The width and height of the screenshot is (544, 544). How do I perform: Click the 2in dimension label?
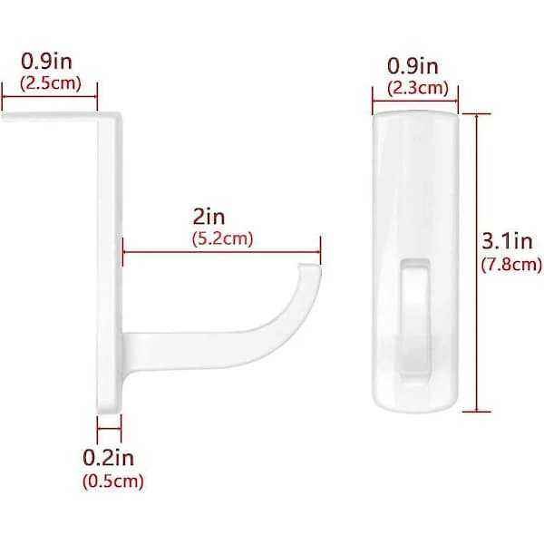coord(209,217)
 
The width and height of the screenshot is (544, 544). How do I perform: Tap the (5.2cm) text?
coord(223,239)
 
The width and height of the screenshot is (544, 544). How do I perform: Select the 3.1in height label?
coord(507,241)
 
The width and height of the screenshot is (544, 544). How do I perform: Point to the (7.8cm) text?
coord(511,265)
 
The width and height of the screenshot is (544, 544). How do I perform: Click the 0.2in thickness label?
coord(108,458)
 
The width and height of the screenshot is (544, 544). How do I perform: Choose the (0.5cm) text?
coord(113,481)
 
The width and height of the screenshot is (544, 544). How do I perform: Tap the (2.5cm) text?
coord(51,83)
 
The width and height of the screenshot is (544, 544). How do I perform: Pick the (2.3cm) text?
coord(418,88)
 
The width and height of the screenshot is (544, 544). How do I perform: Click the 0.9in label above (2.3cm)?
coord(413,66)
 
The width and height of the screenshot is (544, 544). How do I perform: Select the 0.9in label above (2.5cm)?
coord(47,61)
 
